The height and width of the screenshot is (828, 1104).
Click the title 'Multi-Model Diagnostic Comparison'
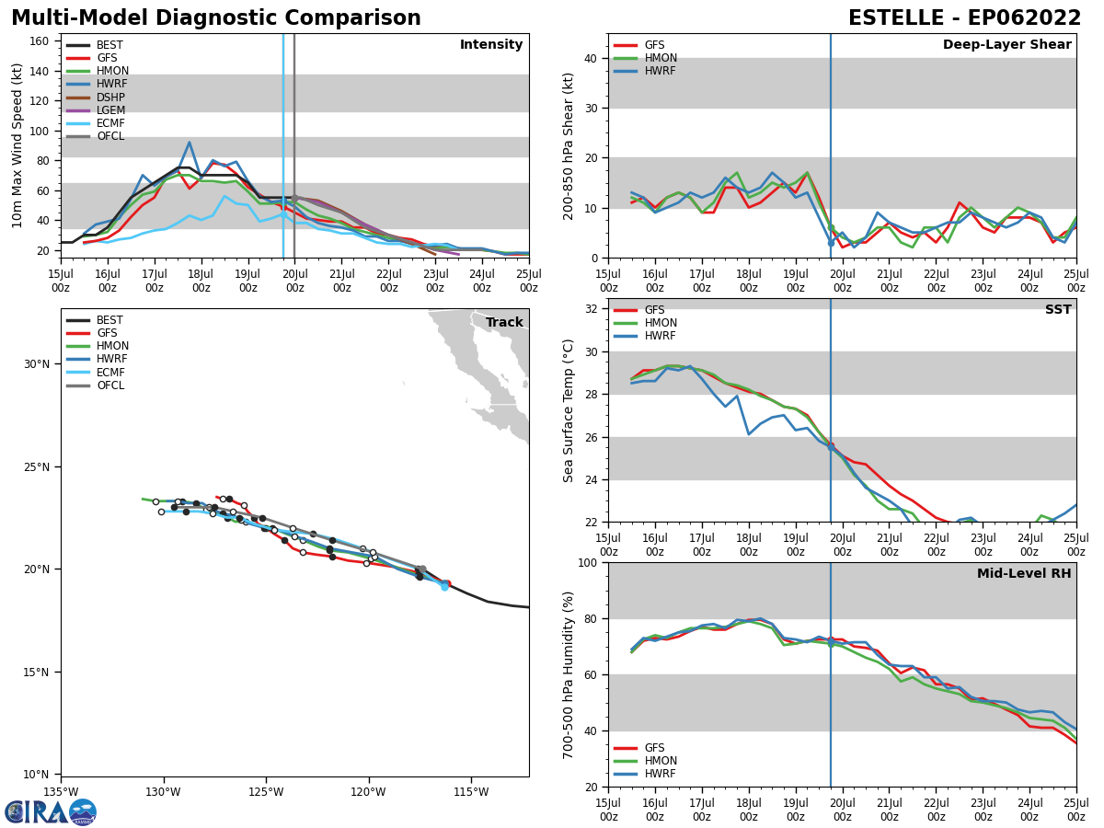click(216, 18)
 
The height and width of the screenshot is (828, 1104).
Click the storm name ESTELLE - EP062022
click(964, 18)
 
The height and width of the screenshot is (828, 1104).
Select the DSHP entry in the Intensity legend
click(109, 98)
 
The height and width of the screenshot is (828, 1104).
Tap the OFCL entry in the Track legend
click(109, 385)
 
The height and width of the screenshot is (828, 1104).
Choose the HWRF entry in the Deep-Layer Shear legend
click(661, 71)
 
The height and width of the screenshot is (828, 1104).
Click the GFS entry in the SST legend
click(654, 310)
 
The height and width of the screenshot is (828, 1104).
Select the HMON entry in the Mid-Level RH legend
click(661, 761)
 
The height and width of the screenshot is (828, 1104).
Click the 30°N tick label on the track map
click(36, 364)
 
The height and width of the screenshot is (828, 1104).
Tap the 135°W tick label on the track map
click(61, 790)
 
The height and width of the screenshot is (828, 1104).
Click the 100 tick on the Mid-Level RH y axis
click(590, 562)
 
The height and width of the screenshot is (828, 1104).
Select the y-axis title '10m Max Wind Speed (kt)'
click(17, 145)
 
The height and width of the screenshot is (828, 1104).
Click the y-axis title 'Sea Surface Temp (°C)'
click(569, 410)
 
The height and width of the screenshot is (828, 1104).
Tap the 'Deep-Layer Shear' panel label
click(1006, 45)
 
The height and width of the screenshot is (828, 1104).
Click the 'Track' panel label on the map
click(504, 323)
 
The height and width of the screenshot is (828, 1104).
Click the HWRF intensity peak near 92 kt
click(190, 143)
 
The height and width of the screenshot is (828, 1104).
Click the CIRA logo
click(51, 812)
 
